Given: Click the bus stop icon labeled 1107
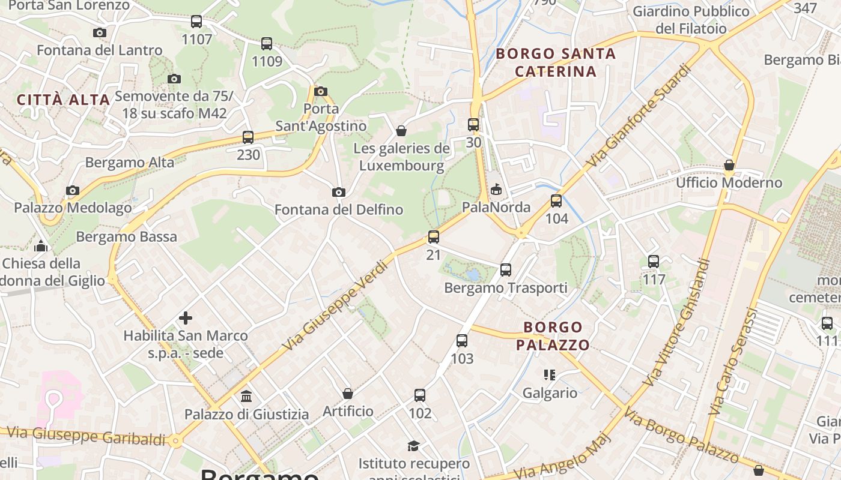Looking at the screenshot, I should pyautogui.click(x=196, y=22).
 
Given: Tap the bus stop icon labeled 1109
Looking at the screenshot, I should pyautogui.click(x=267, y=43).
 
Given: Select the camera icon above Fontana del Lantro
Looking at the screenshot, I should pyautogui.click(x=100, y=32).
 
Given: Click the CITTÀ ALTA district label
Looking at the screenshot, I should pyautogui.click(x=64, y=100).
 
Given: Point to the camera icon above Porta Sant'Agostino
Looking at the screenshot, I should pyautogui.click(x=321, y=91).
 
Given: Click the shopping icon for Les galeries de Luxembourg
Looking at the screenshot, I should pyautogui.click(x=401, y=131).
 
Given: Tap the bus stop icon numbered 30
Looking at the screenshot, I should pyautogui.click(x=473, y=125).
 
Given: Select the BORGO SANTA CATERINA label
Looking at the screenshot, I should pyautogui.click(x=556, y=62).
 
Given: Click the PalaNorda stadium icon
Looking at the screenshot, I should pyautogui.click(x=496, y=190).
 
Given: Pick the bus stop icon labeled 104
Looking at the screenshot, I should pyautogui.click(x=556, y=200).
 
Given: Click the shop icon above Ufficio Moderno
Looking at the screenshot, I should pyautogui.click(x=729, y=164).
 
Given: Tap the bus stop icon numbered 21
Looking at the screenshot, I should pyautogui.click(x=434, y=237).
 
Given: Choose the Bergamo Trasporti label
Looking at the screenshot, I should pyautogui.click(x=506, y=288).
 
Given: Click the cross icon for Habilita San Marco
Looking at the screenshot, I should pyautogui.click(x=186, y=317).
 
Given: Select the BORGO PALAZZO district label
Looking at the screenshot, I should pyautogui.click(x=553, y=336).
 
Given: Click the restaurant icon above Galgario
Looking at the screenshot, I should pyautogui.click(x=549, y=375).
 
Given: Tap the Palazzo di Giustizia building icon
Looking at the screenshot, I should pyautogui.click(x=246, y=396).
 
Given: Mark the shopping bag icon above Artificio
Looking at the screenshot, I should pyautogui.click(x=348, y=394).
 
